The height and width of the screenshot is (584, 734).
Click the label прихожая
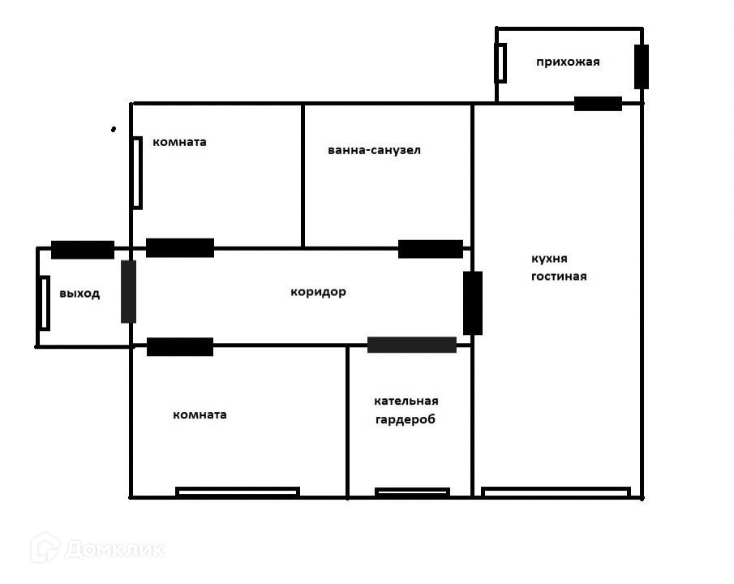[568, 62]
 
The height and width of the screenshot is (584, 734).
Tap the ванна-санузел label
[374, 150]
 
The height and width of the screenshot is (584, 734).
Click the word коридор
[318, 292]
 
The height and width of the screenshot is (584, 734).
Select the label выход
[79, 294]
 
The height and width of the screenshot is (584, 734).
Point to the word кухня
[549, 259]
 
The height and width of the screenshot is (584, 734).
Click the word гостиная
[559, 277]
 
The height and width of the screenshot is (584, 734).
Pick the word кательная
[406, 401]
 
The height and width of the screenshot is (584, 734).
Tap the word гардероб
[406, 419]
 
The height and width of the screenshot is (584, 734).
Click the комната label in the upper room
[179, 142]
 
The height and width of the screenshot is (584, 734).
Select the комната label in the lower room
[200, 414]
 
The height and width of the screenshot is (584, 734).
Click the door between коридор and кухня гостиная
[473, 303]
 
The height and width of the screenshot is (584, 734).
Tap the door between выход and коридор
[128, 292]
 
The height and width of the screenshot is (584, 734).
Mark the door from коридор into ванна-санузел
[431, 249]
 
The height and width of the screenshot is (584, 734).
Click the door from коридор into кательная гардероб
[412, 345]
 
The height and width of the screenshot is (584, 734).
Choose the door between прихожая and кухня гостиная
[599, 104]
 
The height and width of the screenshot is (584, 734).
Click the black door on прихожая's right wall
[642, 67]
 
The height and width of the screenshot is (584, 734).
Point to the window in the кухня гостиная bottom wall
[556, 492]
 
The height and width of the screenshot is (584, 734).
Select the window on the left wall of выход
[44, 303]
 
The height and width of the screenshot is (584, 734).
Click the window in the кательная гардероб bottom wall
[412, 492]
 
